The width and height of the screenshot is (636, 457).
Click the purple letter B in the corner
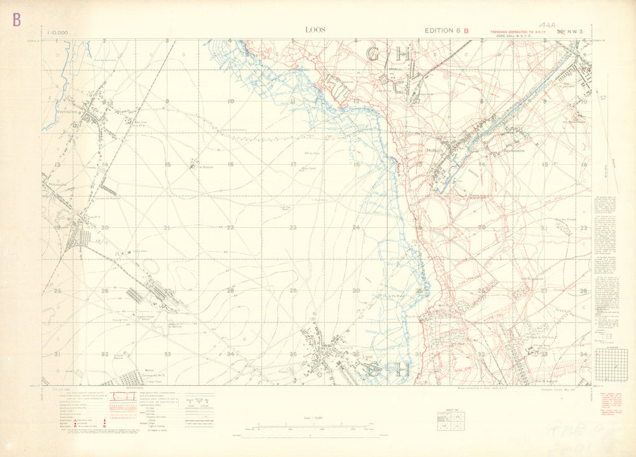click(17, 20)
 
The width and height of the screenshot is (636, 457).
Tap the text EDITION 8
click(442, 31)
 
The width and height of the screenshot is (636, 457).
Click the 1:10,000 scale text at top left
click(59, 31)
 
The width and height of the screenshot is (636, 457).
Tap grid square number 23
click(293, 227)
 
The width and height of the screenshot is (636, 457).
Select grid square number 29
click(293, 290)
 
